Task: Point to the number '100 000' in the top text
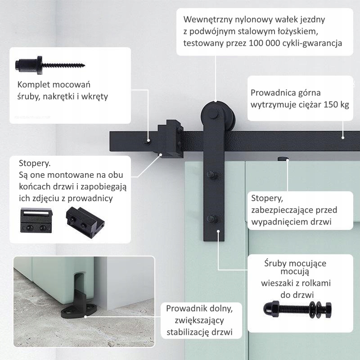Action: [261, 43]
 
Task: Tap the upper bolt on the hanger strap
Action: [211, 175]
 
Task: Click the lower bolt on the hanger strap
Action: [211, 220]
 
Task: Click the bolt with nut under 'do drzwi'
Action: [297, 309]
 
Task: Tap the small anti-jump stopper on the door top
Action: [283, 158]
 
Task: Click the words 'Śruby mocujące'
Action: [295, 263]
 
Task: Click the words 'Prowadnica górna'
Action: [285, 93]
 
